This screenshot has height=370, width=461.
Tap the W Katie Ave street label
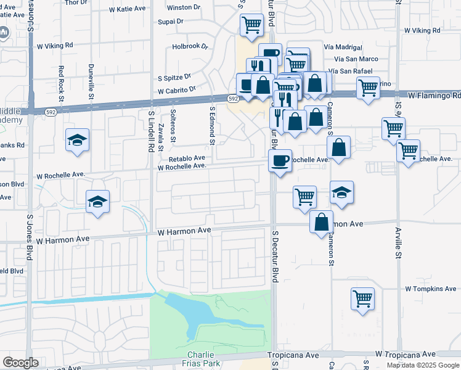(x=129, y=10)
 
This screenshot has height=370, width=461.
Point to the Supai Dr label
(x=171, y=22)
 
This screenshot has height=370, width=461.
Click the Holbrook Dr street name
(x=190, y=46)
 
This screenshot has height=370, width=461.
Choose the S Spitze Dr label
(x=174, y=78)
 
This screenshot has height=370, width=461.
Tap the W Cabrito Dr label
(x=176, y=90)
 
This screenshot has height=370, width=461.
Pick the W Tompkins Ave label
(x=430, y=289)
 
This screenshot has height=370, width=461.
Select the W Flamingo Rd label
(x=434, y=96)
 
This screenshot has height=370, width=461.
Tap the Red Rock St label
(x=61, y=81)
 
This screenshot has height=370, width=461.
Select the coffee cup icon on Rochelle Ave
(x=280, y=161)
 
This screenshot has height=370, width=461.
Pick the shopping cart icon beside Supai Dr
(x=251, y=25)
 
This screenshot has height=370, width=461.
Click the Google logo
(x=20, y=363)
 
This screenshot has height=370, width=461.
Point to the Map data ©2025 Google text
(x=422, y=365)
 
